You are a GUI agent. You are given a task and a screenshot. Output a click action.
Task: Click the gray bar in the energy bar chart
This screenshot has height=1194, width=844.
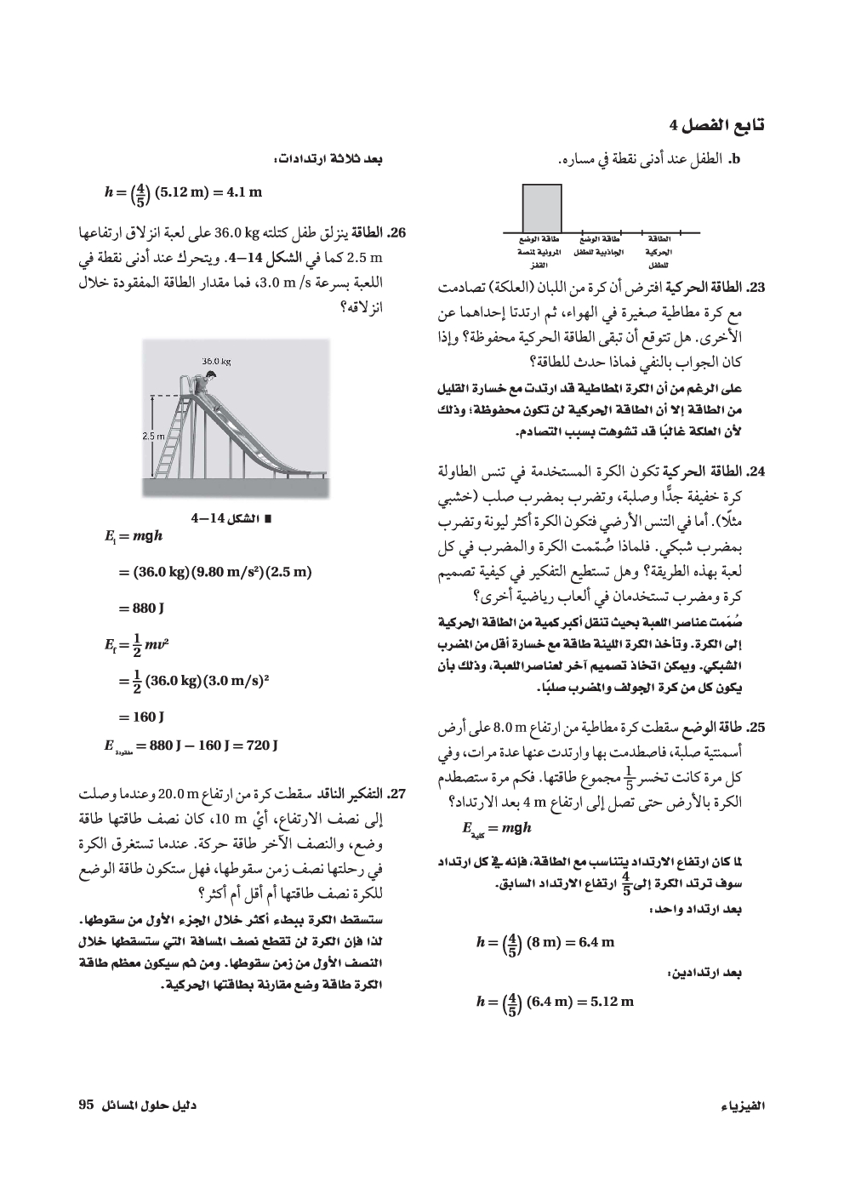pyautogui.click(x=541, y=208)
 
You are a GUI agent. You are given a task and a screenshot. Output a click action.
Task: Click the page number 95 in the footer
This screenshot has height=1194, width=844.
pyautogui.click(x=84, y=1104)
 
